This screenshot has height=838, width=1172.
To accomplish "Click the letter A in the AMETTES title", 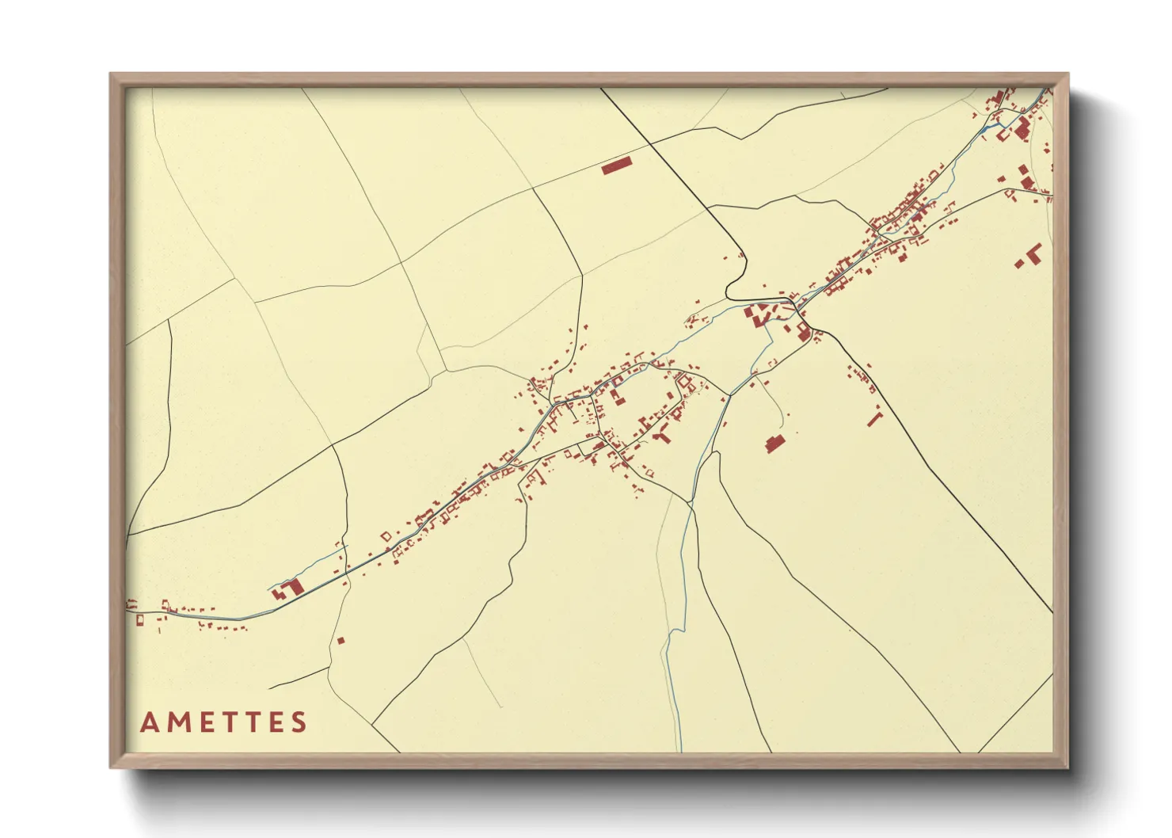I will click(150, 722).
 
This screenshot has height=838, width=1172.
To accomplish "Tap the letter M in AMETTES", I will click(177, 722).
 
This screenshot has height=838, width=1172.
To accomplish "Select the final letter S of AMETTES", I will click(299, 722).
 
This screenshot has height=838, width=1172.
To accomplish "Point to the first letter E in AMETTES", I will click(204, 722).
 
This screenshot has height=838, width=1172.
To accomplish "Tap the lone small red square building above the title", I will click(341, 640).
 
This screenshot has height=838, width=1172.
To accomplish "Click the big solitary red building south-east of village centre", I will click(774, 444).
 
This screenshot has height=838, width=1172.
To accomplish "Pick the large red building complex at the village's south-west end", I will click(291, 588).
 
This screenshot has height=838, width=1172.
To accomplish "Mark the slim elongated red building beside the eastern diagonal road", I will click(874, 417).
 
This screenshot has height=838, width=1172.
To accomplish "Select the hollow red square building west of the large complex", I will click(386, 536).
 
